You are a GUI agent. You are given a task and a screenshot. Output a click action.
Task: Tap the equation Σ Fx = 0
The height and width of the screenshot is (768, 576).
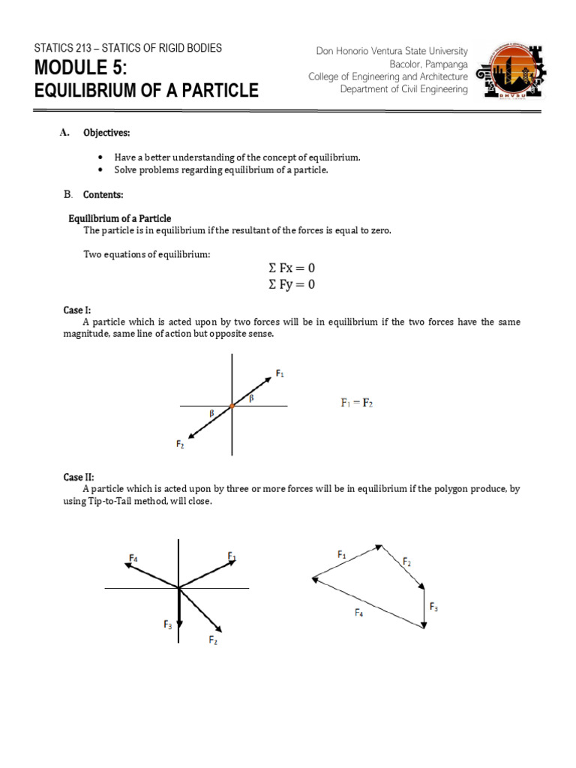[x=292, y=268]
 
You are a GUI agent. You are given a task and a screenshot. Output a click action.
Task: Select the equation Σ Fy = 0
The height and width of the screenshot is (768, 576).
[x=292, y=284]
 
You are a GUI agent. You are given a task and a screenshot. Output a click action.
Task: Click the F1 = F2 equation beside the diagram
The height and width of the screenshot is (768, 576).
[x=357, y=403]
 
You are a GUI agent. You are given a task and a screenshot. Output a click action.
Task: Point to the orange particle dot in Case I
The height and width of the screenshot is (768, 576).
[x=232, y=406]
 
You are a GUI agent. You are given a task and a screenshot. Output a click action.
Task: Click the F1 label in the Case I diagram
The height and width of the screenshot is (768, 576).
[x=280, y=373]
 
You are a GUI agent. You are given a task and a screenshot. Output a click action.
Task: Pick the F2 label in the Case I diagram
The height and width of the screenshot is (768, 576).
[x=181, y=444]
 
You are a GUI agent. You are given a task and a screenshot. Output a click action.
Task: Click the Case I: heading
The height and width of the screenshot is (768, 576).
[x=77, y=310]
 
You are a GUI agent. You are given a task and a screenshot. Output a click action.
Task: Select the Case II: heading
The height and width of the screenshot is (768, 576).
[x=79, y=477]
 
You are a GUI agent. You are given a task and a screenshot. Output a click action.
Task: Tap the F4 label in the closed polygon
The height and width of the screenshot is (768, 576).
[x=359, y=613]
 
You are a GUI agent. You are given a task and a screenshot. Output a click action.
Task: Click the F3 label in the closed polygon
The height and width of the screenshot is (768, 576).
[x=433, y=606]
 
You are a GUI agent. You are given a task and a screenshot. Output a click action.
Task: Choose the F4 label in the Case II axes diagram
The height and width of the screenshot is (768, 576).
[x=133, y=558]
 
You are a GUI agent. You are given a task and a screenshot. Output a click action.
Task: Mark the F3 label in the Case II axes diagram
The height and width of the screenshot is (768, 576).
[x=166, y=624]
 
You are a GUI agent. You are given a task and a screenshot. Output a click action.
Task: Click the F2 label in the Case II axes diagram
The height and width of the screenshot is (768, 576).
[x=214, y=640]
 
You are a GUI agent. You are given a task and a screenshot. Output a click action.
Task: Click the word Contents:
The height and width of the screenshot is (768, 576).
[x=103, y=195]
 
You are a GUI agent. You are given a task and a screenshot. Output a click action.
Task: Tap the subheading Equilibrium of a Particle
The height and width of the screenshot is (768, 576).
[x=120, y=218]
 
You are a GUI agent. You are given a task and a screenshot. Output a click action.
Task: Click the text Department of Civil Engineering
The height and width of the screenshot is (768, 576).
[x=403, y=89]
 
